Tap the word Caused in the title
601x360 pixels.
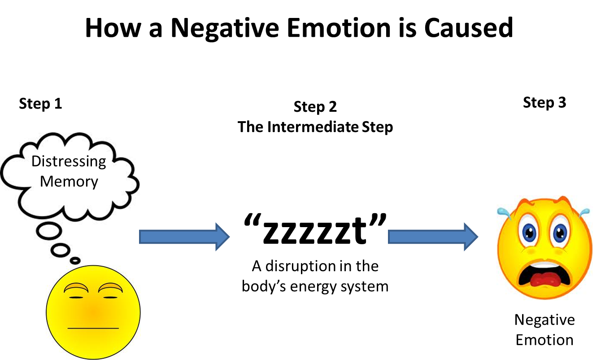click(468, 27)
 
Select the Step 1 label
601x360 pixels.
click(40, 104)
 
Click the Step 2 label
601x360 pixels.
click(315, 107)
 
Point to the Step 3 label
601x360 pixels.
click(544, 103)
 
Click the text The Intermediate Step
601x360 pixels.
click(315, 127)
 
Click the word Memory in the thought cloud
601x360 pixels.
click(69, 182)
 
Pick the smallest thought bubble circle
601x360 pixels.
click(75, 260)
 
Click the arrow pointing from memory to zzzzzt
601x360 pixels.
click(184, 237)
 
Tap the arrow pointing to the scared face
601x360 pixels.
click(433, 237)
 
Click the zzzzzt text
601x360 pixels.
click(315, 229)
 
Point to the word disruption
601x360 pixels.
click(300, 267)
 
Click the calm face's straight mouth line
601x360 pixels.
click(93, 328)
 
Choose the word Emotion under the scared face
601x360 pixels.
click(544, 340)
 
